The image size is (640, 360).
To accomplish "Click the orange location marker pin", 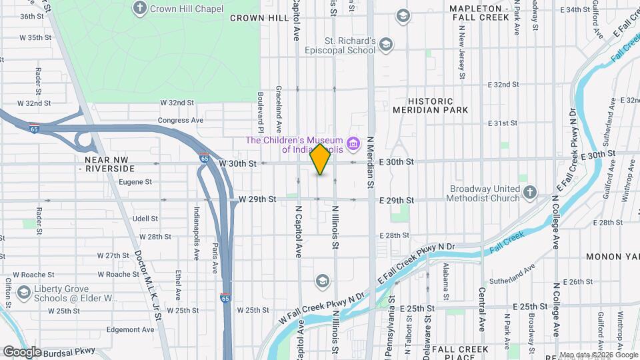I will tap(320, 159).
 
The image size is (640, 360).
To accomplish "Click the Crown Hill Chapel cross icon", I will tap(139, 8).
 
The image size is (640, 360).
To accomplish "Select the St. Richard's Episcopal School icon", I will tap(385, 45).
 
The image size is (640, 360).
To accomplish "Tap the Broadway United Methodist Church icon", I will tap(529, 193).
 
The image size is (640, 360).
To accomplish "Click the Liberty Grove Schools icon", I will tap(25, 293).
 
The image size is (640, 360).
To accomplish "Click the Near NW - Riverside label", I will tap(111, 164).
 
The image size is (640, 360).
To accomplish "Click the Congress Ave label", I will tap(180, 121).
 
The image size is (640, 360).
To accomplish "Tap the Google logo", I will tap(22, 351).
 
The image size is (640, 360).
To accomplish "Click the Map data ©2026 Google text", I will tap(599, 355).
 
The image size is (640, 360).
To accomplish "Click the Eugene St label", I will tap(135, 181).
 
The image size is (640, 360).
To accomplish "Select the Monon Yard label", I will tap(612, 257).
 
